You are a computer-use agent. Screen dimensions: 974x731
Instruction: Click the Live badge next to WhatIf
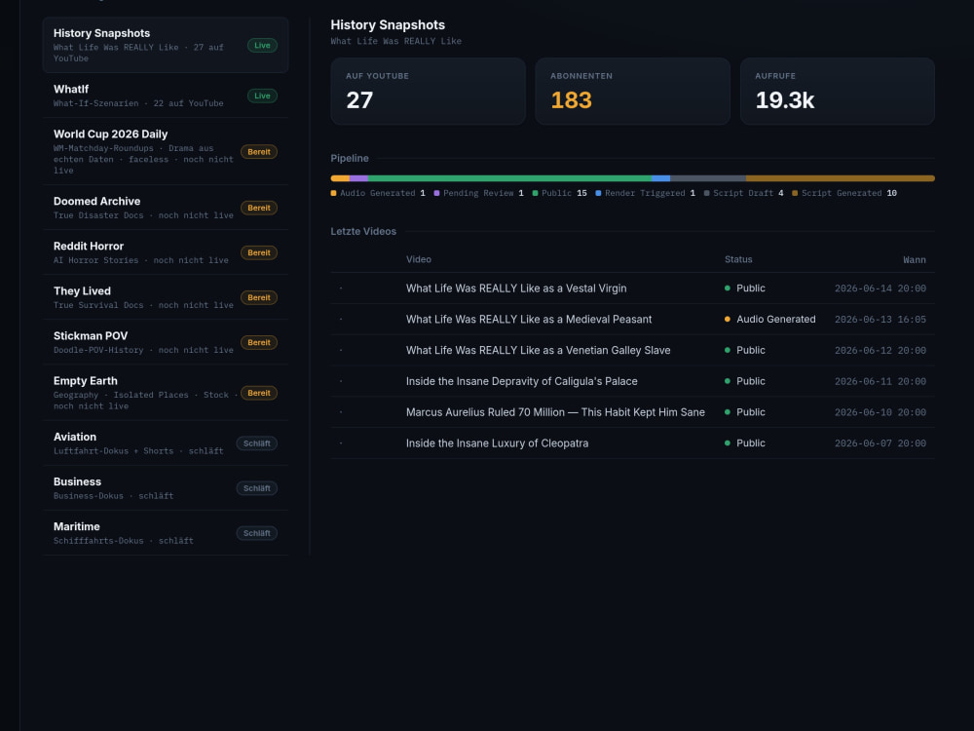click(262, 96)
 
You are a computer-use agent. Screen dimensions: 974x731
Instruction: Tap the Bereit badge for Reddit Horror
click(258, 253)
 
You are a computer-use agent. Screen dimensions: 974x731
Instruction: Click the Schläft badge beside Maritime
click(256, 533)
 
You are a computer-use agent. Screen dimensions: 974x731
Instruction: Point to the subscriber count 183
click(571, 100)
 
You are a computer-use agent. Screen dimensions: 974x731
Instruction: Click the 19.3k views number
click(784, 100)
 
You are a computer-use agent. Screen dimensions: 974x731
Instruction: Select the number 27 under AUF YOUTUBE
click(359, 100)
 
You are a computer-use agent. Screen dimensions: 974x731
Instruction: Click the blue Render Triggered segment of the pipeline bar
click(660, 178)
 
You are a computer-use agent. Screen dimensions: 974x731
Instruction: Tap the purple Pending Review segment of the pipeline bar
click(358, 178)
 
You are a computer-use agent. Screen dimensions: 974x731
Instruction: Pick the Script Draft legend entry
click(743, 193)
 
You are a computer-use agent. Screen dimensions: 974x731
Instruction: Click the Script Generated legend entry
click(844, 193)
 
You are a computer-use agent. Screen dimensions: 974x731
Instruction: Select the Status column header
click(738, 259)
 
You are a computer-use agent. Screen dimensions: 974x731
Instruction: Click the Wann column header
click(915, 260)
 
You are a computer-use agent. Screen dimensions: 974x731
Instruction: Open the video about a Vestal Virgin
click(516, 289)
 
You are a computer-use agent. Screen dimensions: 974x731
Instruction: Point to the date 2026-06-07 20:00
click(880, 443)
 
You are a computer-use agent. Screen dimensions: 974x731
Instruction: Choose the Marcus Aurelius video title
click(555, 412)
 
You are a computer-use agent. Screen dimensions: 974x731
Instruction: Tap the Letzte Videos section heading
click(363, 231)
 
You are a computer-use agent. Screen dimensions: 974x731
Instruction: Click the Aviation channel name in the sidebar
click(75, 437)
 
